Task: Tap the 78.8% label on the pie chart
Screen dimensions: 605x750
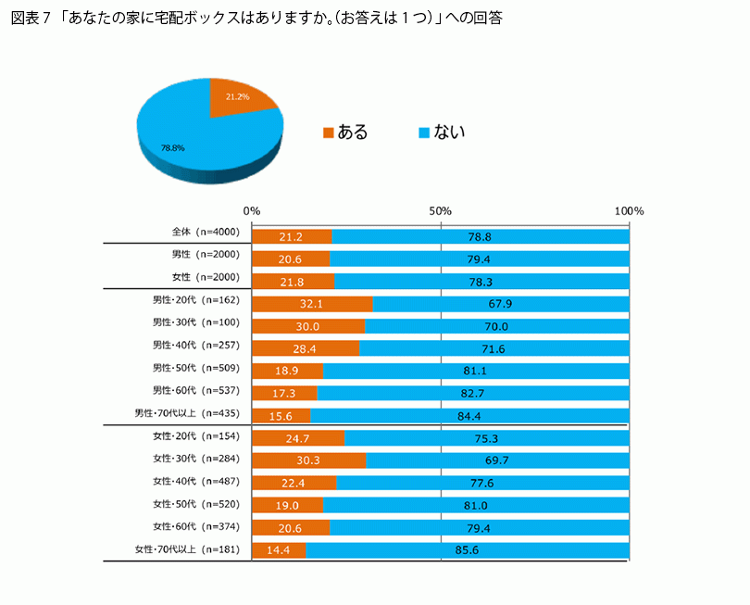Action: (x=173, y=147)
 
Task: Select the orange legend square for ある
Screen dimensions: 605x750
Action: (x=328, y=132)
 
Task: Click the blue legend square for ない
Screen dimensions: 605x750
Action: (x=424, y=132)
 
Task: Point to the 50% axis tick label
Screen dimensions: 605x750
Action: (x=441, y=211)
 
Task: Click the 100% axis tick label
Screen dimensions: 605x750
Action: (x=629, y=211)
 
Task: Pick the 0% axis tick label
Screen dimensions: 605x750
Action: (x=252, y=211)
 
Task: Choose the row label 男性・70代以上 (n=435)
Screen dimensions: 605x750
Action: (x=188, y=413)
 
